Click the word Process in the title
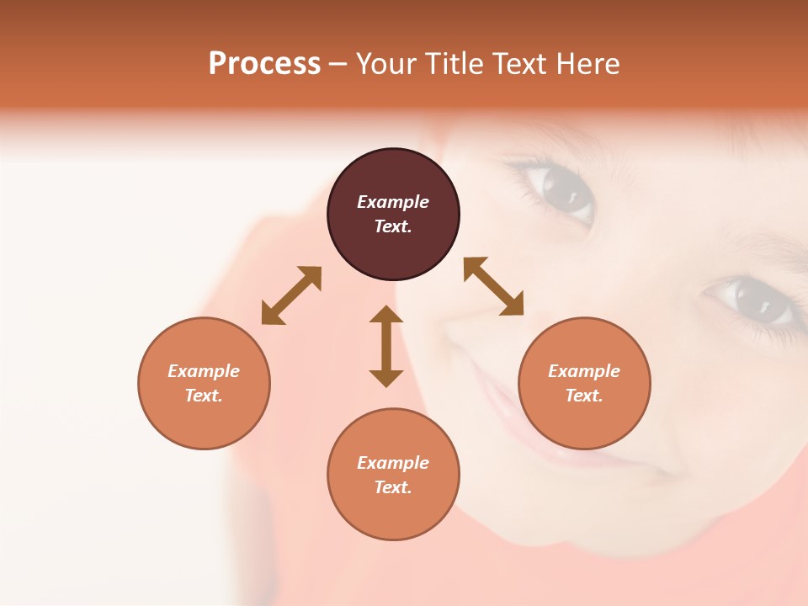tap(264, 64)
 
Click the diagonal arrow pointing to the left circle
tap(291, 295)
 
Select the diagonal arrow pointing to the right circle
tap(493, 286)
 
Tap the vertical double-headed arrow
tap(386, 347)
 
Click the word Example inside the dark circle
tap(393, 202)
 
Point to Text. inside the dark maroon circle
tap(393, 226)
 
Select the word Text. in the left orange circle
tap(204, 396)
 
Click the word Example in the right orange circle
tap(584, 371)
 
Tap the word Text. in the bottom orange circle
tap(393, 487)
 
